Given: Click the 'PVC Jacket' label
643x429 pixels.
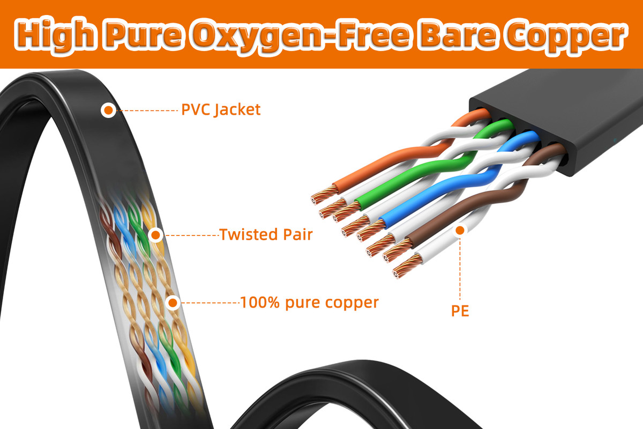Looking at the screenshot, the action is click(221, 110).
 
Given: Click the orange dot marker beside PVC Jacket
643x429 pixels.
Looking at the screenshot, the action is click(109, 110).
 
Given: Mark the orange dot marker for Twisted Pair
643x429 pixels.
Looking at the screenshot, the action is click(155, 234).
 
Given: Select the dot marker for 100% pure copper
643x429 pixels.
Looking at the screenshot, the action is click(173, 302).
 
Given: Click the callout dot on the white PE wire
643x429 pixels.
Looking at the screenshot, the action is click(460, 231).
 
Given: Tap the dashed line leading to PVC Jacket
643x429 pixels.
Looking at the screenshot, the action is click(147, 110).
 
